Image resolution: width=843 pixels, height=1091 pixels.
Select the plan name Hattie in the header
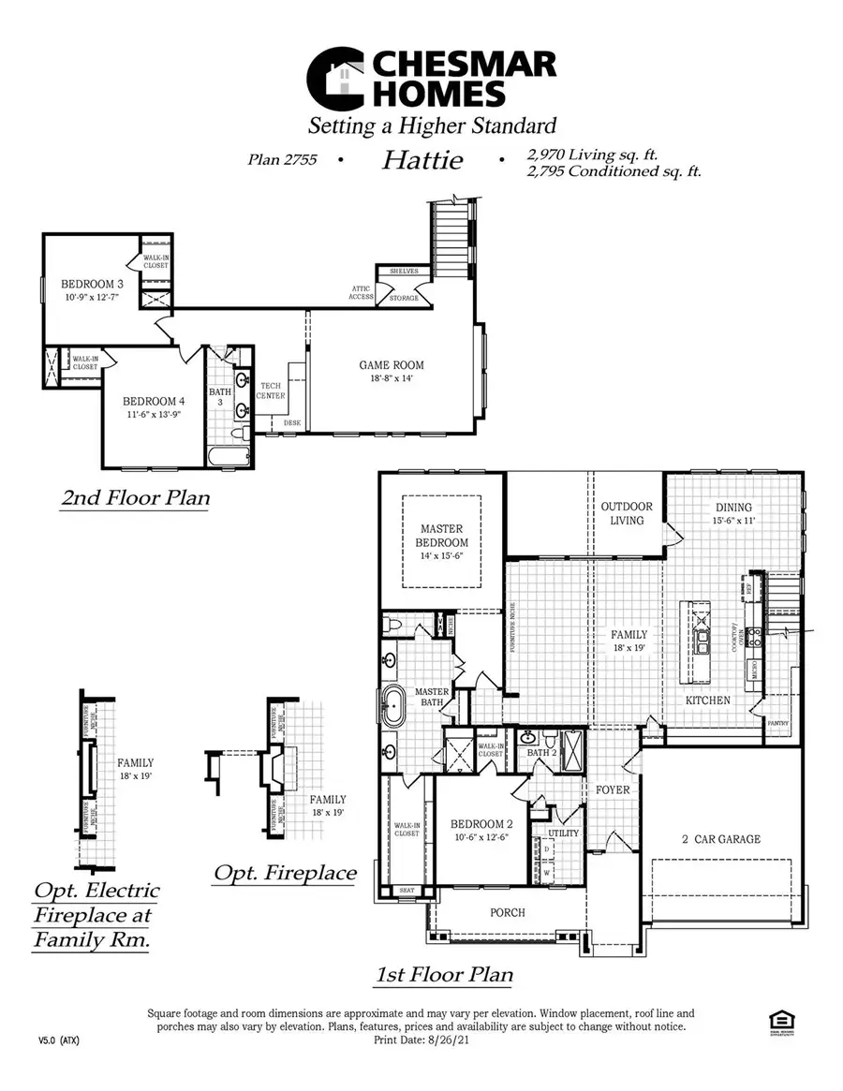421,160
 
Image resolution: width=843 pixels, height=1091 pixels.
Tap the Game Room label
392,365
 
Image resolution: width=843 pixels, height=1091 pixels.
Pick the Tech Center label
272,391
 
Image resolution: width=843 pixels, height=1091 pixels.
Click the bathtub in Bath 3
229,458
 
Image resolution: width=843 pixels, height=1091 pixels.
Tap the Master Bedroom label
443,536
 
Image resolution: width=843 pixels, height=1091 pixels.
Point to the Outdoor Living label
627,513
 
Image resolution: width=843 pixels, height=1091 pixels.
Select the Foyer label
613,789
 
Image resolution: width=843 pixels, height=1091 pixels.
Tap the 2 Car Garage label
720,839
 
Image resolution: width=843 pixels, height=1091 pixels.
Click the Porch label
508,912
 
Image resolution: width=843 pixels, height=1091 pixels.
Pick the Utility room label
563,833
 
